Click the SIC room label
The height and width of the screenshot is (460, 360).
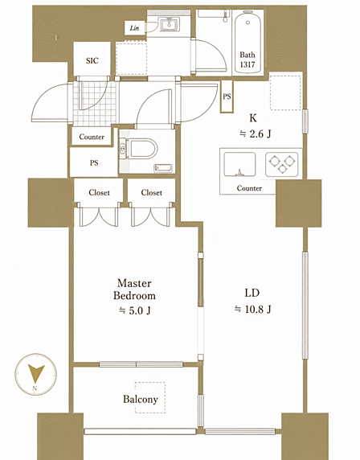[x=92, y=61]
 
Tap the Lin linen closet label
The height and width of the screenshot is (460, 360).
[x=134, y=28]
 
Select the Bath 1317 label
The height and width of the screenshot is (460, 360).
[x=247, y=60]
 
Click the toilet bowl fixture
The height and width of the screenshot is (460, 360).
[x=140, y=149]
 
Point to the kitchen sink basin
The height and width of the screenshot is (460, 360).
[x=239, y=165]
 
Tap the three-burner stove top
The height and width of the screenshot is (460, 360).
[x=282, y=164]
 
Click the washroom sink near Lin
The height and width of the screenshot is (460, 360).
[x=169, y=24]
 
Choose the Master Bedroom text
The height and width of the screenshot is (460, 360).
[x=134, y=290]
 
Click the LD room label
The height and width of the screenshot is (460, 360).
[x=252, y=293]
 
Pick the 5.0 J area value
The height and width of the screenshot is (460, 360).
[x=134, y=310]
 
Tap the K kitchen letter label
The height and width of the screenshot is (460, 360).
[x=253, y=118]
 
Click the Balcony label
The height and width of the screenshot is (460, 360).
[x=141, y=399]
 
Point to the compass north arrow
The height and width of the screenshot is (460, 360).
[x=36, y=372]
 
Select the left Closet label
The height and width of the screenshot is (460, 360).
[x=99, y=193]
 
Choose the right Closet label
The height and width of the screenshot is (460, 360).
[x=151, y=193]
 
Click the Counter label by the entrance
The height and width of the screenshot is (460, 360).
[x=92, y=137]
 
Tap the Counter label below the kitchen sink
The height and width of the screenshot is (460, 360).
[x=249, y=188]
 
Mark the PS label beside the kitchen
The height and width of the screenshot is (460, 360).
[x=227, y=97]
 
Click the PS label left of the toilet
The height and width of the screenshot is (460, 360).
[x=94, y=162]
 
